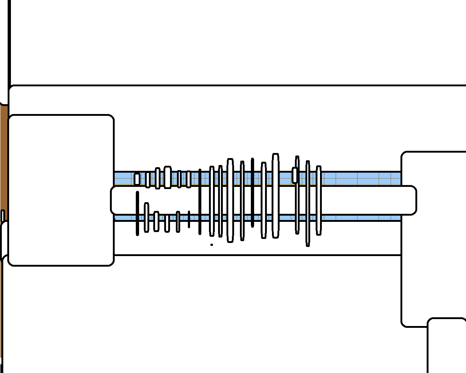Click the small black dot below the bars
(212, 245)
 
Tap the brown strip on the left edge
(4, 157)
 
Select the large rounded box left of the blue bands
(61, 190)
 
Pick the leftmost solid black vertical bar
(137, 213)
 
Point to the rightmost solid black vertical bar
(252, 192)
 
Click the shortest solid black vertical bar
(189, 219)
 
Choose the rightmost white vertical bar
(319, 200)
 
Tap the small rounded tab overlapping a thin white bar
(295, 175)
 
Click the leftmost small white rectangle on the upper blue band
(137, 179)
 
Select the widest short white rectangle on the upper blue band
(167, 177)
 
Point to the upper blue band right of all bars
(360, 178)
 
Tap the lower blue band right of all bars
(360, 218)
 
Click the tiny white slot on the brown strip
(2, 216)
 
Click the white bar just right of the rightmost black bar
(264, 200)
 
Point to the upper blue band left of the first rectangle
(124, 178)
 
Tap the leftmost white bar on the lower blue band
(146, 217)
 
